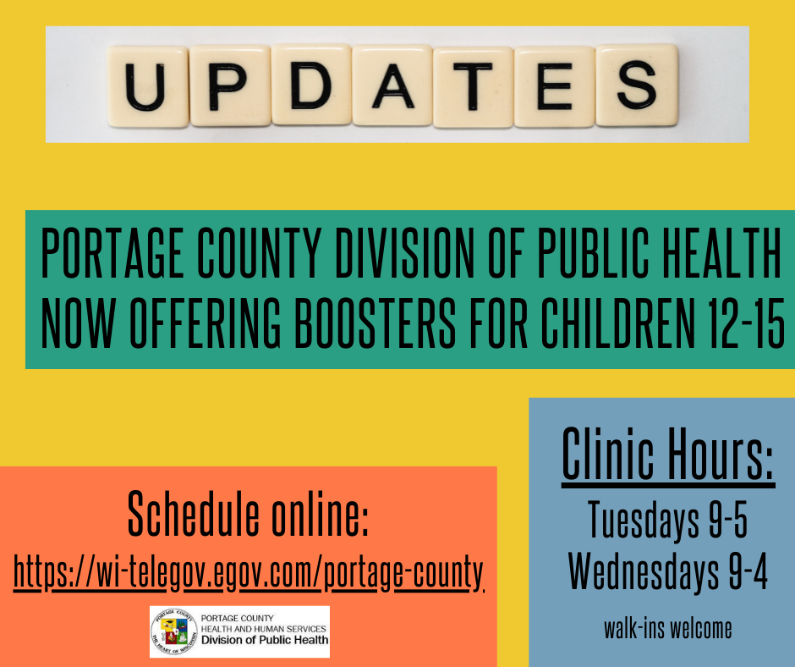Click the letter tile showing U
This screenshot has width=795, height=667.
147,86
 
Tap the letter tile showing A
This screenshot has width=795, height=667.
392,85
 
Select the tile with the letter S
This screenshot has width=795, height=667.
637,85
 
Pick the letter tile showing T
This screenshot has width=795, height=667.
473,86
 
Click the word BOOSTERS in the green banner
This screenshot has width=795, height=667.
376,323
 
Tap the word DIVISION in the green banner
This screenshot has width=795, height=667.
404,253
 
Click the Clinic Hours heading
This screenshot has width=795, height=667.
668,454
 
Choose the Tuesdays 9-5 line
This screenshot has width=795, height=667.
668,520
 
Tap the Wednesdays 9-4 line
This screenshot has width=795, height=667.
668,571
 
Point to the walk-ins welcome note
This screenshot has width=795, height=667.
668,628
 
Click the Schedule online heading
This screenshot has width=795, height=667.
248,514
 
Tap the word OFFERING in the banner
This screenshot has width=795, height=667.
205,323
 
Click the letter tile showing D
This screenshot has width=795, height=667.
311,85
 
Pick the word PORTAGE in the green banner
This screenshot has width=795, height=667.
112,253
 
